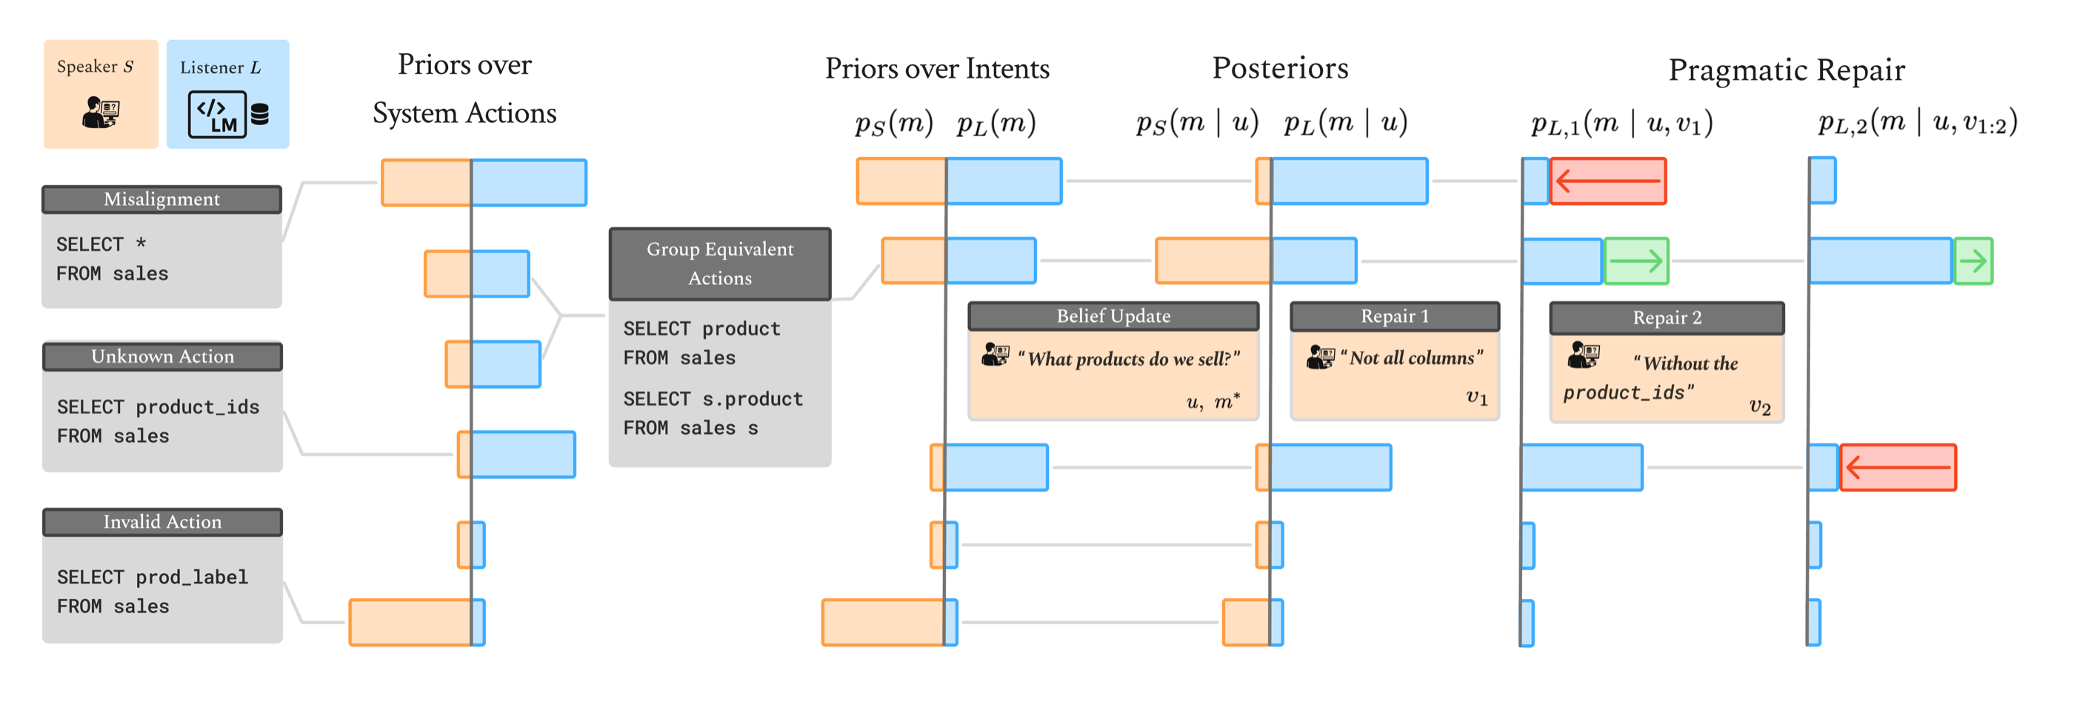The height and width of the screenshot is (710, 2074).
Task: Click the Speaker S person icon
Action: tap(101, 112)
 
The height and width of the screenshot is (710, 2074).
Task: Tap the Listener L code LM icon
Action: tap(217, 114)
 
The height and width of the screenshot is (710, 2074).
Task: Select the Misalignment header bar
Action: tap(161, 199)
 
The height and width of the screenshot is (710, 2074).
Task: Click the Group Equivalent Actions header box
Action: tap(720, 264)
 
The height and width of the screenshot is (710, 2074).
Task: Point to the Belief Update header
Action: tap(1113, 315)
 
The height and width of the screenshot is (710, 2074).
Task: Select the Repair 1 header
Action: tap(1394, 315)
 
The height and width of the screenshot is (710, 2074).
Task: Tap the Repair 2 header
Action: tap(1666, 317)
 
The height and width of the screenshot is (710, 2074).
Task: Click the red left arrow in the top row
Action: tap(1607, 181)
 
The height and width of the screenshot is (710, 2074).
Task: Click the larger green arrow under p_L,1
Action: tap(1636, 261)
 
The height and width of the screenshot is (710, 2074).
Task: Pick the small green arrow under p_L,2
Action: tap(1973, 261)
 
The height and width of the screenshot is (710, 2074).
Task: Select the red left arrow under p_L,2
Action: tap(1897, 467)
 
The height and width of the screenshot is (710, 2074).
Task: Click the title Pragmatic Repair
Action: tap(1786, 70)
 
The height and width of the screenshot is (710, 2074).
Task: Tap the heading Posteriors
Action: tap(1279, 68)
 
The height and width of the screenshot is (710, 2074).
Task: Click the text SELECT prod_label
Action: tap(152, 577)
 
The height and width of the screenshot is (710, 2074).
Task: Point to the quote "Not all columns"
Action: tap(1411, 358)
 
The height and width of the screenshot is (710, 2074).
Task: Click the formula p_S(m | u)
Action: tap(1196, 122)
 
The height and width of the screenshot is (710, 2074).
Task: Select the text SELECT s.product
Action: tap(713, 398)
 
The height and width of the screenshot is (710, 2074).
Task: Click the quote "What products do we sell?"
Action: tap(1128, 359)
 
